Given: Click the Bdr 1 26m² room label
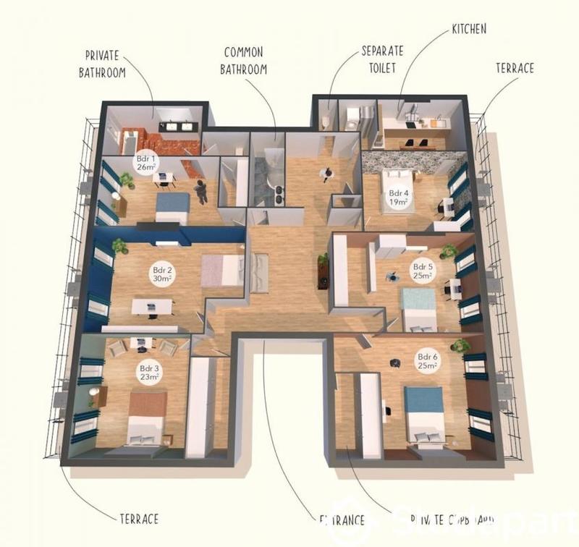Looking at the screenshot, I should click(142, 162).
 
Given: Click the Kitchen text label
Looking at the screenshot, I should click(469, 29).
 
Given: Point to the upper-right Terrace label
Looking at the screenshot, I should click(515, 68).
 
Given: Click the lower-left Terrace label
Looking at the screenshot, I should click(138, 518).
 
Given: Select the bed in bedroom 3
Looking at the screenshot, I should click(147, 417).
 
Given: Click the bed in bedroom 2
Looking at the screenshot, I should click(222, 270).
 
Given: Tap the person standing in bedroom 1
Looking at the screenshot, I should click(201, 191).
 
